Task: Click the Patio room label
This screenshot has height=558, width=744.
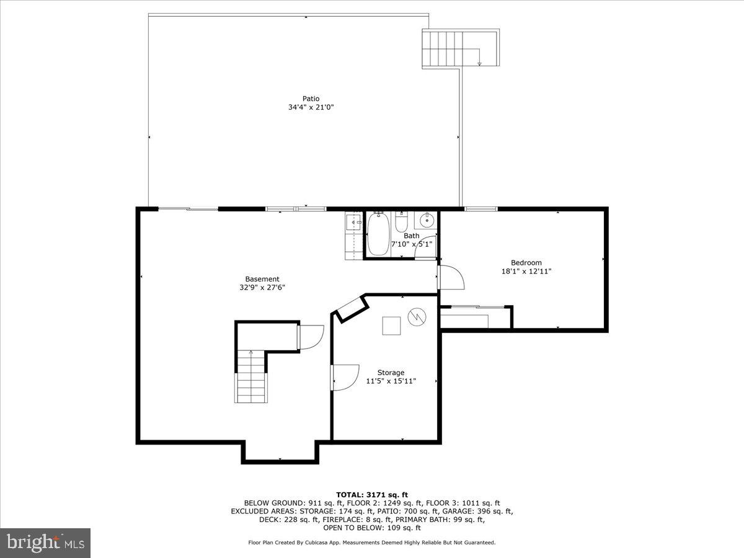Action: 311,99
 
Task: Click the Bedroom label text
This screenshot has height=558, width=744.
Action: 526,262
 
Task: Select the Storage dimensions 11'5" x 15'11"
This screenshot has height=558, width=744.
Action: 391,381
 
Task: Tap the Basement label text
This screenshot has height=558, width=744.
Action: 262,279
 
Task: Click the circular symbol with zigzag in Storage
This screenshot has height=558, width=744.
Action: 417,317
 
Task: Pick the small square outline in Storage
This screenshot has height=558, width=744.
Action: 391,325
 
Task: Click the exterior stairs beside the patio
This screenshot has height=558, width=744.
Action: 460,48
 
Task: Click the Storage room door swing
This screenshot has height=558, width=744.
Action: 345,377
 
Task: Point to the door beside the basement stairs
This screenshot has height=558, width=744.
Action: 310,337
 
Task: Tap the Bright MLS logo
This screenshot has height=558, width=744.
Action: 45,543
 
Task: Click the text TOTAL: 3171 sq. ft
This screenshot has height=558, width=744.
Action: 371,494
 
